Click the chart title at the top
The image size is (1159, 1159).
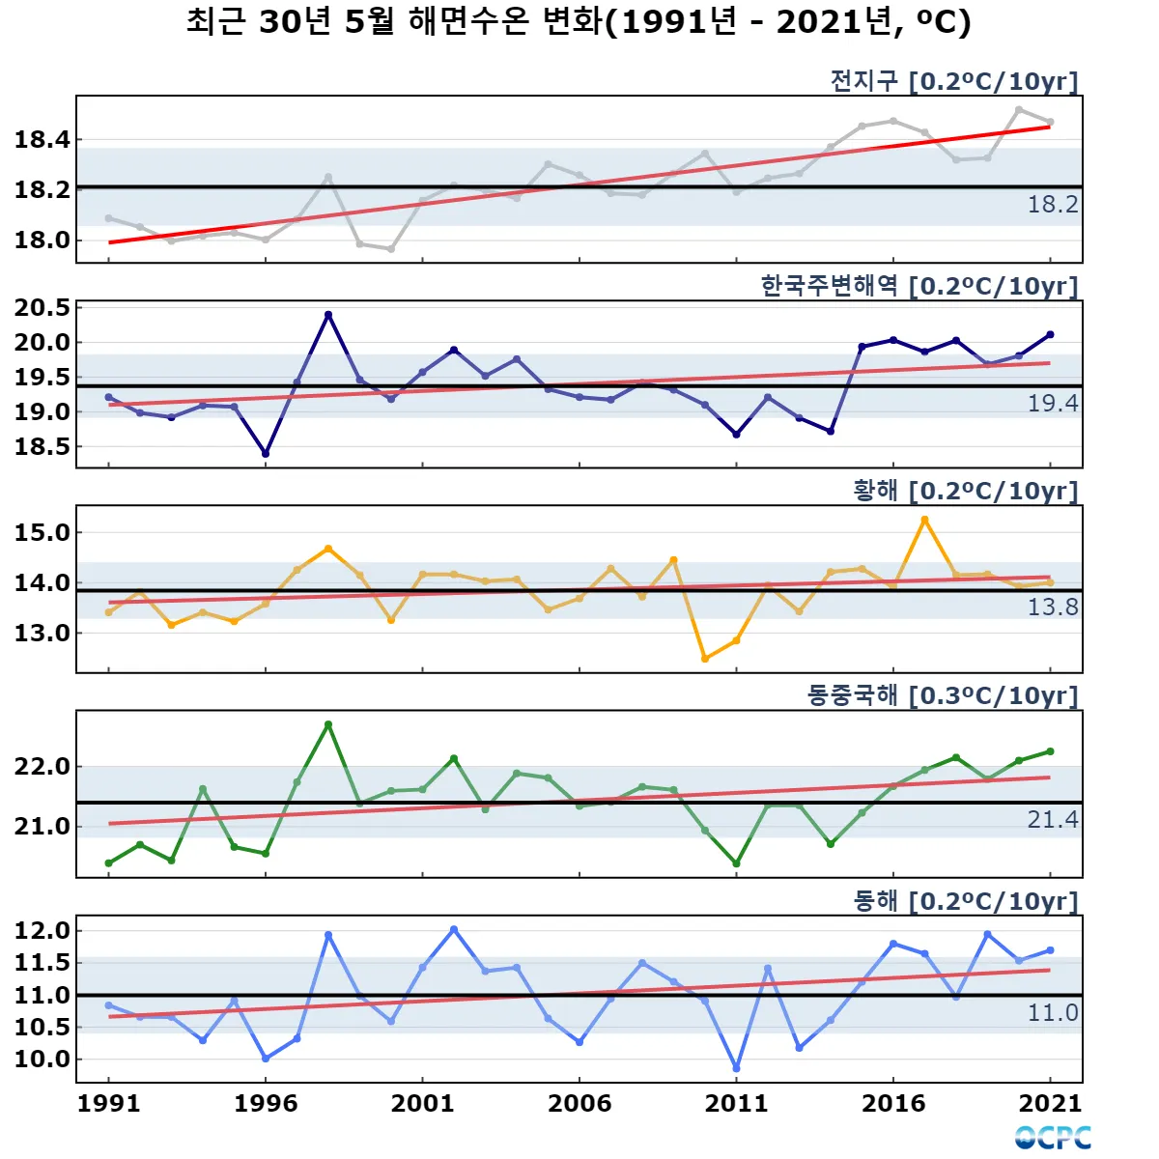point(579,22)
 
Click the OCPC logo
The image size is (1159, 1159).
point(1053,1138)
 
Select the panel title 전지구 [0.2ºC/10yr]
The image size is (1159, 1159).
point(953,81)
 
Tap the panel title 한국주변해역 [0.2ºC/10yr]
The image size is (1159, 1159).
point(919,286)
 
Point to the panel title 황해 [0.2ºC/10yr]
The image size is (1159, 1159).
point(965,491)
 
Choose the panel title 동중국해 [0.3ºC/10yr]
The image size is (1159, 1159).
point(942,695)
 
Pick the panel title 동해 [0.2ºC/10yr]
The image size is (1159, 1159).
point(965,901)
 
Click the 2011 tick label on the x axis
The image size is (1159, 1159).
point(736,1103)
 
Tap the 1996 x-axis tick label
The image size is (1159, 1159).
point(266,1103)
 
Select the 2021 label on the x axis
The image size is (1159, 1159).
point(1050,1103)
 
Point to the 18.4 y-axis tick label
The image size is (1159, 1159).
point(42,140)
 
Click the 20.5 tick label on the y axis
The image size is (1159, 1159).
point(42,308)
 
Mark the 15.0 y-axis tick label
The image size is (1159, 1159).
point(42,532)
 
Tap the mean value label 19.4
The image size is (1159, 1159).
point(1052,404)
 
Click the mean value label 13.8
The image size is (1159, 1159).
point(1052,608)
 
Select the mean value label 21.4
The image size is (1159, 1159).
point(1052,820)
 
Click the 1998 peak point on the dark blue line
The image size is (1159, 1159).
point(328,315)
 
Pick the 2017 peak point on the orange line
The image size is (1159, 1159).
point(924,520)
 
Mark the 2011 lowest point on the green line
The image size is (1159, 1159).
point(736,864)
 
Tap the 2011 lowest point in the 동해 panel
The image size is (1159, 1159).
point(736,1068)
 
